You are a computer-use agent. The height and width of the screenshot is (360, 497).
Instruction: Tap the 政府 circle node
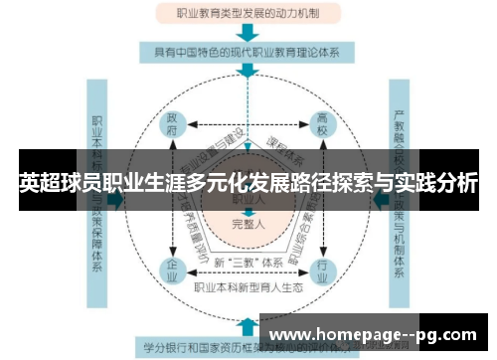click(173, 127)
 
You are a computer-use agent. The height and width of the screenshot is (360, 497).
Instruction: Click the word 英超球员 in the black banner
click(59, 185)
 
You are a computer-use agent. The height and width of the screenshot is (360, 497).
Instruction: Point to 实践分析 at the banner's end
click(437, 185)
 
